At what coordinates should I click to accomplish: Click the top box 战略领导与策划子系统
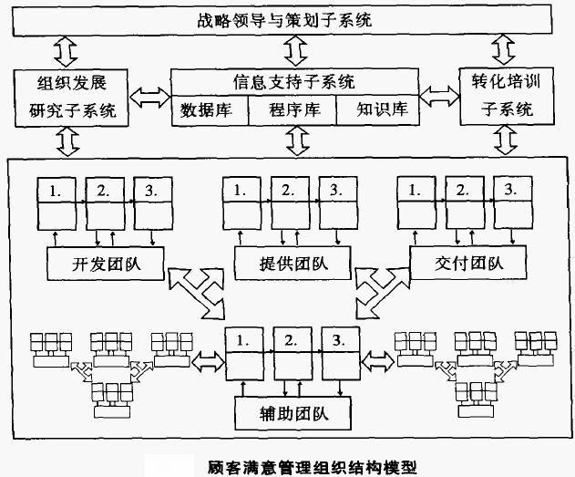point(286,17)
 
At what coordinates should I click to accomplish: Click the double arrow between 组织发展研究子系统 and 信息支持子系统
point(150,95)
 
